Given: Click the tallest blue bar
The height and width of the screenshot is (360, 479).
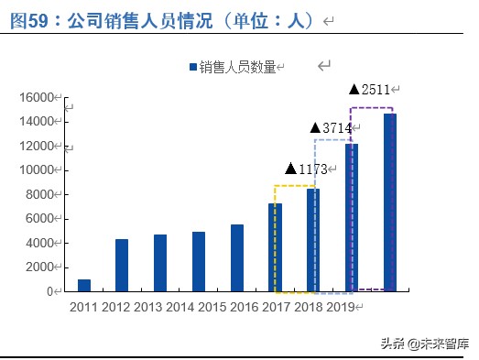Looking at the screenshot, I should (x=390, y=202).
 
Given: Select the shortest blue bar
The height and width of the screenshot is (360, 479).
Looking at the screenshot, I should (x=84, y=285).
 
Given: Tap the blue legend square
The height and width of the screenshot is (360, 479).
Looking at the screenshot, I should (x=192, y=67).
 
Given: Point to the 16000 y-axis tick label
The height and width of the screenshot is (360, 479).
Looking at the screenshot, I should (x=37, y=97).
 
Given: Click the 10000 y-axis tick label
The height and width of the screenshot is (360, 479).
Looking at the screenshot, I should (x=37, y=169).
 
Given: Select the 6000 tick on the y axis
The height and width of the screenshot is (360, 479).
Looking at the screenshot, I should (x=40, y=218).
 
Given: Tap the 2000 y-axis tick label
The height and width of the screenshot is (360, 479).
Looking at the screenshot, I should (x=40, y=267).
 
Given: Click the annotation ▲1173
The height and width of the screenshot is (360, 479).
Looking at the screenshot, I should (x=306, y=169).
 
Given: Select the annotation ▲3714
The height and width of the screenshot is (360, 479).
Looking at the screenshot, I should (x=331, y=128).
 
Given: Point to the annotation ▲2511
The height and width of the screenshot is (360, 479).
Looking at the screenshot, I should (x=370, y=89).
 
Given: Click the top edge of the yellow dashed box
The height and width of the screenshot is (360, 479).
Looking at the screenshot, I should (x=295, y=186).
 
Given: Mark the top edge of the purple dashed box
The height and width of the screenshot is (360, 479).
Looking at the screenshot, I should (x=372, y=108).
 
